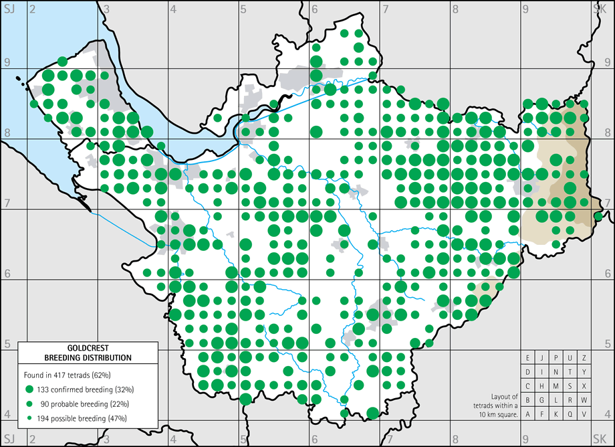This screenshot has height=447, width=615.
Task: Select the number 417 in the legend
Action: [68, 375]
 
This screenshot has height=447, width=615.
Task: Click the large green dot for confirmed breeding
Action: [29, 389]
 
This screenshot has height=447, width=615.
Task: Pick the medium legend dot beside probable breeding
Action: [29, 404]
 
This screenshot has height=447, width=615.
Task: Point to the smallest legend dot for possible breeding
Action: [29, 418]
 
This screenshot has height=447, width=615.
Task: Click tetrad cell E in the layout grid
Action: [528, 358]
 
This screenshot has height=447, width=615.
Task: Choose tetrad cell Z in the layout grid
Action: [584, 358]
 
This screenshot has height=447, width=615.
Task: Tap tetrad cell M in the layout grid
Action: [556, 386]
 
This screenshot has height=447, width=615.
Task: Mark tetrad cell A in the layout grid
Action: [528, 414]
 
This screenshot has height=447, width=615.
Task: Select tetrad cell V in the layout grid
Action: [584, 414]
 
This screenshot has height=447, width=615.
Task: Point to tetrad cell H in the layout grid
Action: [542, 386]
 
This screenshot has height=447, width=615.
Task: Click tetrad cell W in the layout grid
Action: [584, 400]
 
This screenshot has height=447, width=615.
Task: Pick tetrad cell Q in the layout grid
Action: [570, 414]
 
